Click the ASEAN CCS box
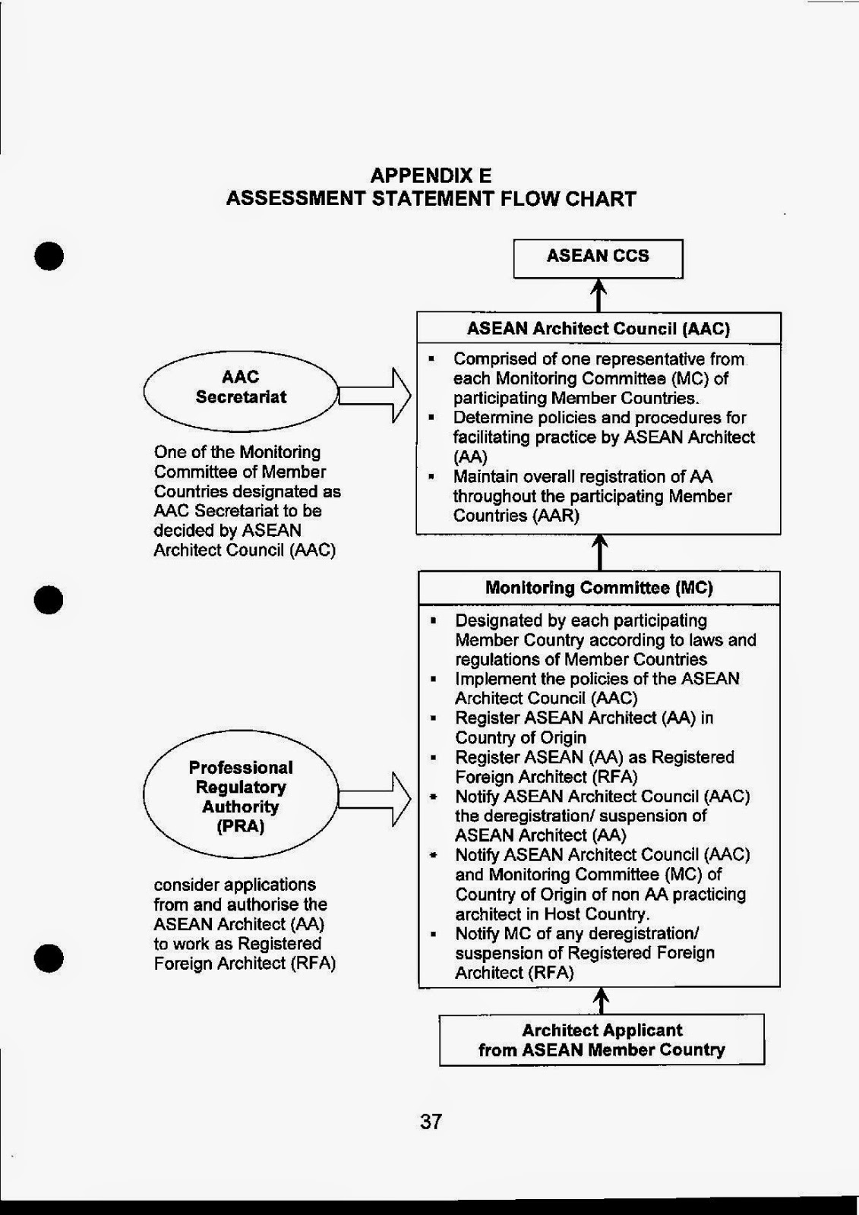[x=598, y=257]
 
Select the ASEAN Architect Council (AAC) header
[x=598, y=329]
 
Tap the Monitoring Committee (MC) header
[x=598, y=588]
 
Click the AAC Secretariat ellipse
[x=241, y=387]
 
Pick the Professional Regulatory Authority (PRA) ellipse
[x=241, y=796]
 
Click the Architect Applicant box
[x=602, y=1040]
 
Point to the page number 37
[x=431, y=1122]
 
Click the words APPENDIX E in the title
[x=431, y=176]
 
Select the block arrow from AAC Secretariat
[x=374, y=395]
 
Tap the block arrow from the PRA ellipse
[x=374, y=799]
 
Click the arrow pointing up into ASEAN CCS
[x=598, y=295]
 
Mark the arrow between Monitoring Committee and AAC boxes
[x=599, y=552]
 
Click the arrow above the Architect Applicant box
[x=601, y=1000]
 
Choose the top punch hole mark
[x=49, y=256]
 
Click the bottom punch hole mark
[x=49, y=958]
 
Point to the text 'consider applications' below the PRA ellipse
[x=235, y=885]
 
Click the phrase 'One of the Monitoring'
[x=237, y=453]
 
